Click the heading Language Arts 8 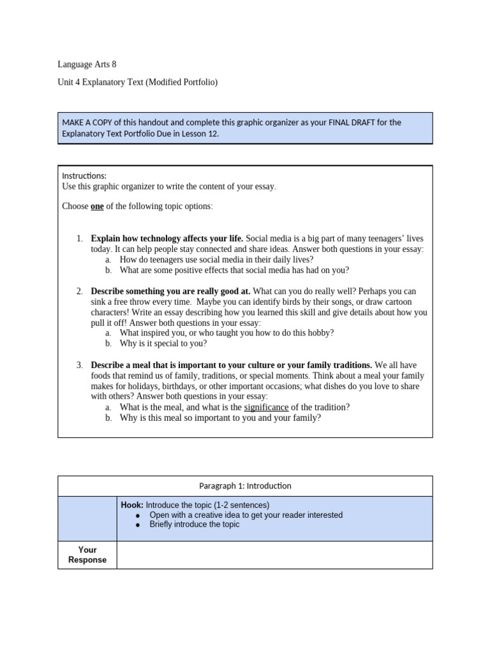pos(87,64)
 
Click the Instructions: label pos(84,176)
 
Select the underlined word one pos(97,207)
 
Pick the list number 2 pos(79,291)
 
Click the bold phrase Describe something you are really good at pos(170,291)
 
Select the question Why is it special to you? pos(163,343)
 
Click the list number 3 pos(79,365)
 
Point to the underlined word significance pos(266,407)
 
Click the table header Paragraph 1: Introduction pos(245,486)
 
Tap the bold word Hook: pos(132,505)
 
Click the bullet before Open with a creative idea pos(138,515)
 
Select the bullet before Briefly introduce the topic pos(138,525)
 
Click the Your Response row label pos(87,555)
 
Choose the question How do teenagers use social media pos(216,260)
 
